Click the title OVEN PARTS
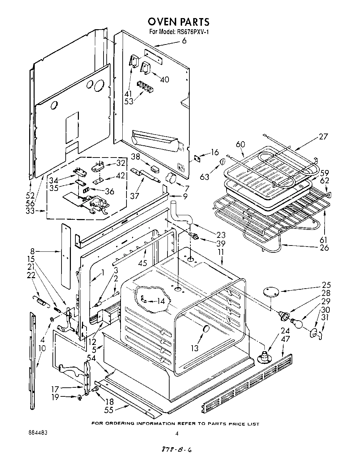[179, 22]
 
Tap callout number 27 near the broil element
[323, 137]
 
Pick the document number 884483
[38, 433]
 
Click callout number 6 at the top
[184, 41]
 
